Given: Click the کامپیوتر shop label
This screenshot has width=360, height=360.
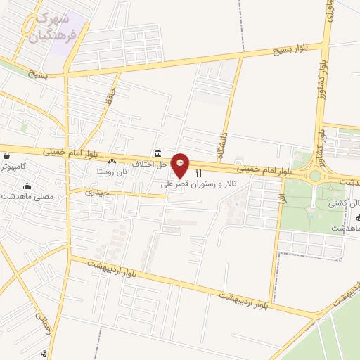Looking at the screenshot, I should click(13, 166).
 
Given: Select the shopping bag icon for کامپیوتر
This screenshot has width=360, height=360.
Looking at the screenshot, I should click(6, 156).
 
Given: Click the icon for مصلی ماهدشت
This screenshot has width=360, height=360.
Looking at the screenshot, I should click(27, 186).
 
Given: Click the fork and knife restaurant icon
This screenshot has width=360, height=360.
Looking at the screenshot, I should click(198, 173).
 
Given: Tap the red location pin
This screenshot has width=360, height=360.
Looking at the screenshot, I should click(181, 165).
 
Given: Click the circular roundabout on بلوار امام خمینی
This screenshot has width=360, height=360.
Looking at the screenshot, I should click(315, 176).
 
